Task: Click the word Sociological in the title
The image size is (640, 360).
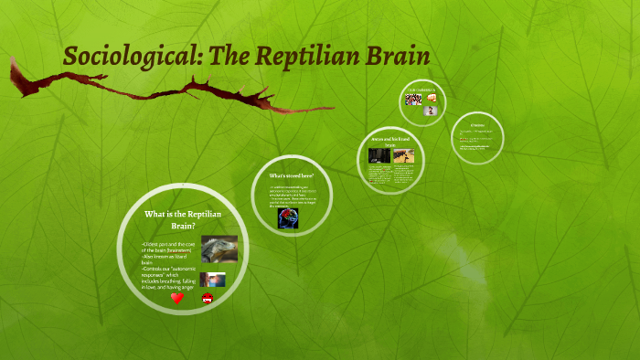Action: point(134,58)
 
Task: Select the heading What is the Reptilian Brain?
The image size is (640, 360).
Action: point(183,219)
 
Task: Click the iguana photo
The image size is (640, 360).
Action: point(219,249)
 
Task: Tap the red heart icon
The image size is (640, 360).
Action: point(177,298)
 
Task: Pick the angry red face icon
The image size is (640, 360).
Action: point(208,299)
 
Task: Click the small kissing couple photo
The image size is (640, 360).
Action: point(213,280)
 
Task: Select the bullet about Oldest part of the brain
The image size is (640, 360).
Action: point(169,249)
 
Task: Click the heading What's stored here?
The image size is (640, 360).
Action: point(292,175)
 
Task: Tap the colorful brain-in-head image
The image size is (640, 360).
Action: point(289,217)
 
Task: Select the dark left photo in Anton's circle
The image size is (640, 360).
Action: point(379,156)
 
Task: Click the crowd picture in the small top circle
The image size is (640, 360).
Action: point(414,100)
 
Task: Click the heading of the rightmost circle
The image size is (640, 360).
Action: point(476,124)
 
